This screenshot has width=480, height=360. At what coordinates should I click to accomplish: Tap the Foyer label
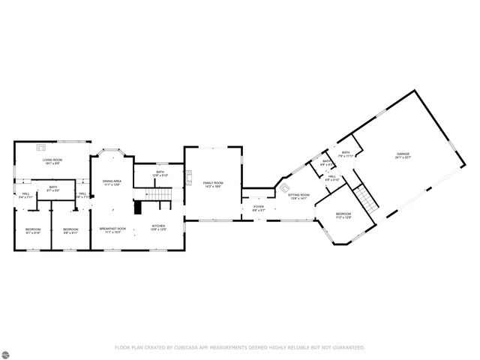click(x=258, y=208)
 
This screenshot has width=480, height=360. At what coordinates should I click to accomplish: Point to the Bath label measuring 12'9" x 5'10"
click(x=160, y=173)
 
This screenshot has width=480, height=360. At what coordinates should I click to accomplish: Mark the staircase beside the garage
click(x=364, y=199)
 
